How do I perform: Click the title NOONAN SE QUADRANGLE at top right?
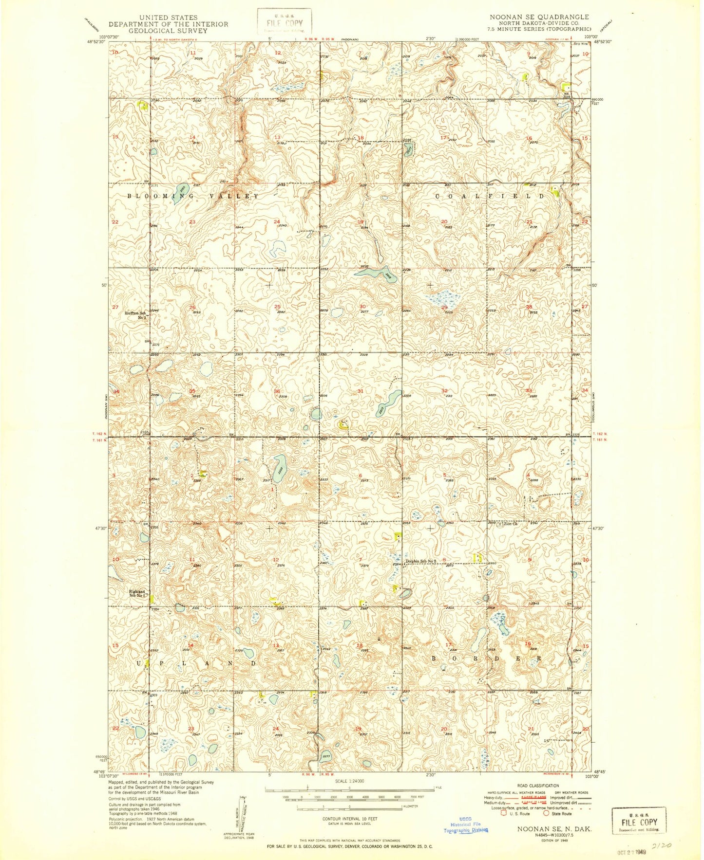(x=539, y=17)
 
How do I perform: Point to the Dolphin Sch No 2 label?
(x=422, y=561)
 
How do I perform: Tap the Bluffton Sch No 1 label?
(x=136, y=315)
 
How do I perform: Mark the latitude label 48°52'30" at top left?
(x=96, y=42)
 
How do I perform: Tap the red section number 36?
(x=277, y=391)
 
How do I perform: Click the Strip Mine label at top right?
(x=579, y=44)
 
